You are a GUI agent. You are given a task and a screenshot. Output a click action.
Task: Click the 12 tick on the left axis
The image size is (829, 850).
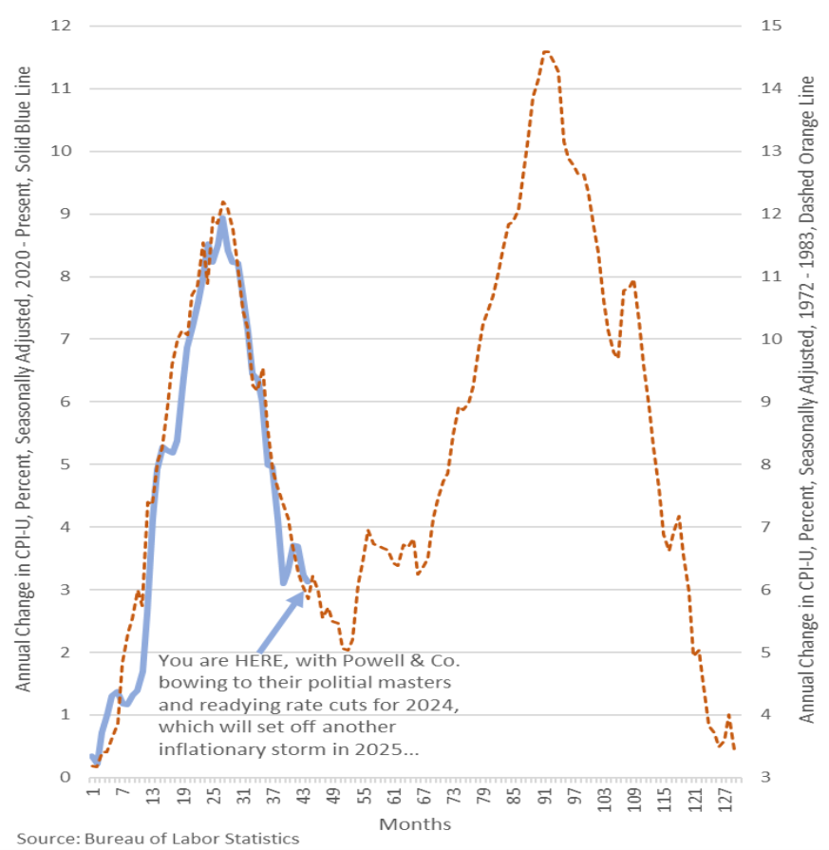tap(63, 26)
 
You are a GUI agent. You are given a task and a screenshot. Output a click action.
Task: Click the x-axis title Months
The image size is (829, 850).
tap(415, 823)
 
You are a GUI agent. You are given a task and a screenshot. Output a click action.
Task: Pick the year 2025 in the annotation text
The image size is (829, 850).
tap(386, 749)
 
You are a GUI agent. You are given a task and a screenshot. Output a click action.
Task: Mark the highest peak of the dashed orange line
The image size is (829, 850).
tap(547, 51)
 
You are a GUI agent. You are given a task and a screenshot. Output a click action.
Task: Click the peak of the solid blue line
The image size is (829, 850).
tap(222, 218)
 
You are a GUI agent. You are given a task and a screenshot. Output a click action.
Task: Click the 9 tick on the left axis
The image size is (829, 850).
tap(66, 214)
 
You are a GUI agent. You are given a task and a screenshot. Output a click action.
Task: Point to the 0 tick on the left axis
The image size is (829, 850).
tap(66, 778)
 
